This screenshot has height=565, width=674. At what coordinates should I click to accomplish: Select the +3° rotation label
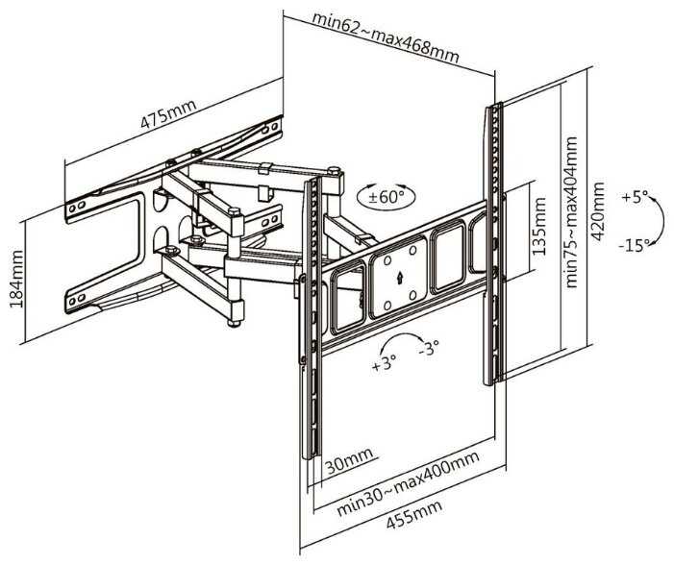click(x=384, y=364)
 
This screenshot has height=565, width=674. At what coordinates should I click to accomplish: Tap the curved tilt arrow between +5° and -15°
click(x=657, y=221)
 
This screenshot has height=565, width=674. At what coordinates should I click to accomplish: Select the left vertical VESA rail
click(x=312, y=317)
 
